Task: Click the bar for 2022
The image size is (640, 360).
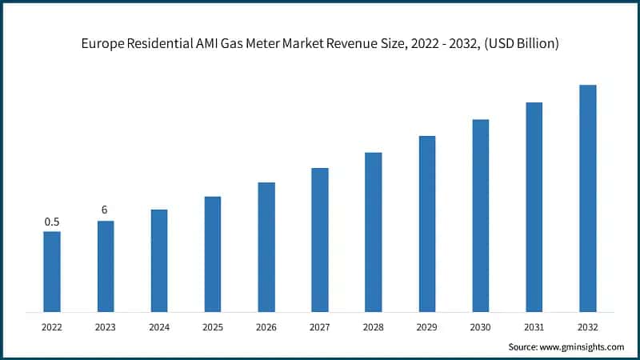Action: [52, 271]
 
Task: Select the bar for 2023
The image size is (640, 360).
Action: [106, 266]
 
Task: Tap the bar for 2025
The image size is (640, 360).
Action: [213, 254]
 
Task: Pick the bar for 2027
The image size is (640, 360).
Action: [320, 239]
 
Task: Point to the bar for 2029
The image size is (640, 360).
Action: [427, 223]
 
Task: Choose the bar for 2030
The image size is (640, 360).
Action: [481, 215]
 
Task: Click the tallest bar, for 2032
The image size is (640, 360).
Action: [588, 198]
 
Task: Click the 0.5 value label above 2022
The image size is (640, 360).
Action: [52, 222]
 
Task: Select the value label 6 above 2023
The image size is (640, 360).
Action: [105, 210]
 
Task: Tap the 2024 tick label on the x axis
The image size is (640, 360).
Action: [159, 327]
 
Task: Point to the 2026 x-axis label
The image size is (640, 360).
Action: [266, 327]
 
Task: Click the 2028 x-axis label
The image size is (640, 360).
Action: [374, 327]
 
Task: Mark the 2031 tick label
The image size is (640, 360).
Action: [534, 327]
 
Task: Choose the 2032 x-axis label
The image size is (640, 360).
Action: [588, 327]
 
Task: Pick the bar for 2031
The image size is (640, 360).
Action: [534, 206]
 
